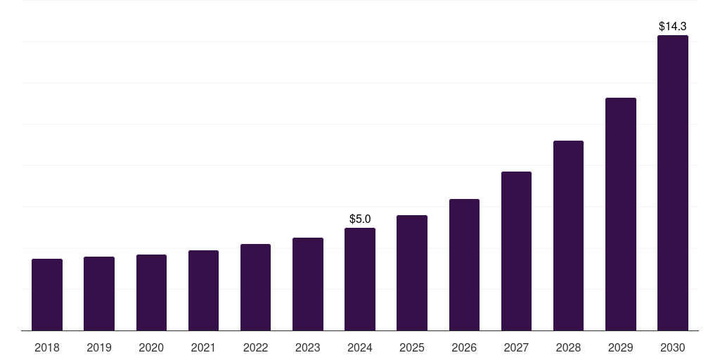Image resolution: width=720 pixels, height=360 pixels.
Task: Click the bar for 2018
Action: tap(47, 295)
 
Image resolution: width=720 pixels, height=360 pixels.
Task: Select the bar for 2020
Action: tap(151, 292)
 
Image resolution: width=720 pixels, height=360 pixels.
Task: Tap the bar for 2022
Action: tap(255, 287)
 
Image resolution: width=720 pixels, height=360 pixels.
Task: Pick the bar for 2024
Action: tap(360, 279)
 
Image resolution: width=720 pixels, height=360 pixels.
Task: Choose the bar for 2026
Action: tap(464, 264)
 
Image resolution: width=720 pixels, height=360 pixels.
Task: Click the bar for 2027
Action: tap(516, 251)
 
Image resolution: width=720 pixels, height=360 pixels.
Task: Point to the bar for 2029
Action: tap(620, 214)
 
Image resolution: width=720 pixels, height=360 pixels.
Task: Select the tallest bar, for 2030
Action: tap(673, 183)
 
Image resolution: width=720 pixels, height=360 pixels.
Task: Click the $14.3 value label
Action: tap(673, 26)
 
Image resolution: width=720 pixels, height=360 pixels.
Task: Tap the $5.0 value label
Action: tap(360, 219)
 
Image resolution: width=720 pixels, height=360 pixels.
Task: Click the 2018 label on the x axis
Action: tap(47, 347)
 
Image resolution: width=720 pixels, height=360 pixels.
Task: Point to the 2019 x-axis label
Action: tap(99, 347)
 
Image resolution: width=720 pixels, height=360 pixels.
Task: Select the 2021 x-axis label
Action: tap(203, 347)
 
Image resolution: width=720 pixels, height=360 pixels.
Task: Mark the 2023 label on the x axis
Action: tap(308, 347)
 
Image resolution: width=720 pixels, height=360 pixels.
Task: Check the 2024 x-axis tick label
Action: tap(360, 347)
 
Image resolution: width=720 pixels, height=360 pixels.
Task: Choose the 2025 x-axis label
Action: tap(412, 347)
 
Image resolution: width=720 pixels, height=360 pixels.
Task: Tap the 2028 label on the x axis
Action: tap(568, 347)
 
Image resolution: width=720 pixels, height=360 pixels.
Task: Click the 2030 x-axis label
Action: tap(673, 347)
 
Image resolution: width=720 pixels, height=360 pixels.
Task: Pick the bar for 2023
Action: tap(308, 284)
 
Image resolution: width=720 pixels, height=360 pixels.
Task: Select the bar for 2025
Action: tap(412, 273)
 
